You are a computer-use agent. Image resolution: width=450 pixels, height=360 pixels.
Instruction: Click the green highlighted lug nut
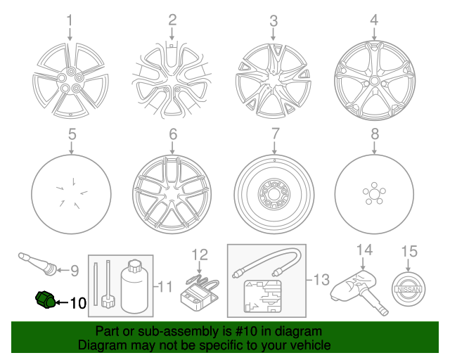[x=45, y=300]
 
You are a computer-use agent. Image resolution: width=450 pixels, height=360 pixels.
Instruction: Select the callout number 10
[x=78, y=303]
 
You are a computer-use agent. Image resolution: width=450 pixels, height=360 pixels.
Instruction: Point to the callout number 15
[x=409, y=252]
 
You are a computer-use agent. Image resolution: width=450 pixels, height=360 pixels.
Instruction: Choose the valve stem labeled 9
[x=37, y=263]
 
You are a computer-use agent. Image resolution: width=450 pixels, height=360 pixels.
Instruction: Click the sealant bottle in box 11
[x=134, y=286]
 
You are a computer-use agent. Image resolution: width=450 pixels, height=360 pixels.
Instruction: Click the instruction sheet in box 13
[x=262, y=297]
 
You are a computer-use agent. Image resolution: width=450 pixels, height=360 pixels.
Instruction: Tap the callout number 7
[x=275, y=134]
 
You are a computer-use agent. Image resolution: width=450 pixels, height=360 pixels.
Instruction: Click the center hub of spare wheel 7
[x=274, y=194]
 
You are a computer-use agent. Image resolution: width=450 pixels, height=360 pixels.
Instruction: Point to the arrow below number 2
[x=172, y=34]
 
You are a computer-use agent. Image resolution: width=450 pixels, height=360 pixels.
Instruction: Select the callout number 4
[x=374, y=20]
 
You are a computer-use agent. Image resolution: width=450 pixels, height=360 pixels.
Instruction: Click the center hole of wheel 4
[x=374, y=81]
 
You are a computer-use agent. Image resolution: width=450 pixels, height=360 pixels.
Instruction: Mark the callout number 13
[x=321, y=280]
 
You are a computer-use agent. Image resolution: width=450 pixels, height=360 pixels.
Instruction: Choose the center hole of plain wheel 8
[x=374, y=194]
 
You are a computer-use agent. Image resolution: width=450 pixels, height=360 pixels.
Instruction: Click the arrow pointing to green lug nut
[x=63, y=302]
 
